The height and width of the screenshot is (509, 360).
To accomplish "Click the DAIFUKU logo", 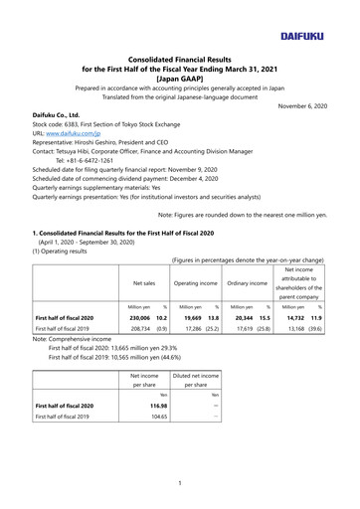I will pos(316,20).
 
